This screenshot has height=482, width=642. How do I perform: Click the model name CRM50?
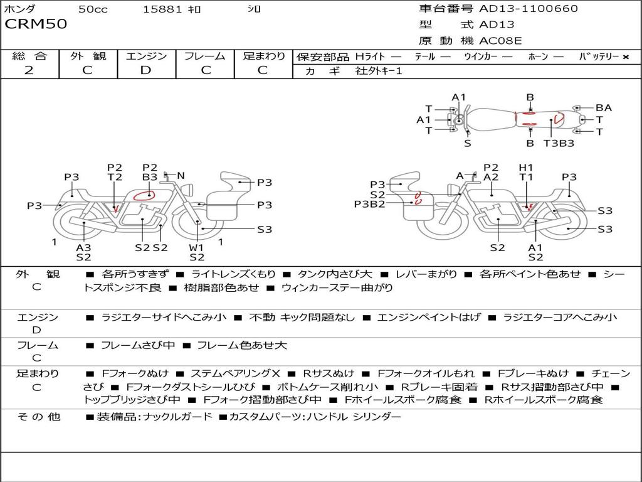click(35, 24)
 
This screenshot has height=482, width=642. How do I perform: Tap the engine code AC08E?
click(500, 41)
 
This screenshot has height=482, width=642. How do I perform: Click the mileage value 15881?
click(162, 9)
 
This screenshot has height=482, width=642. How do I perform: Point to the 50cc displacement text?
click(92, 9)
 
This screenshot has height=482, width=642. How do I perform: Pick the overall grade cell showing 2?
click(29, 70)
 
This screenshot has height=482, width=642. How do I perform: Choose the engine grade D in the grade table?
click(145, 70)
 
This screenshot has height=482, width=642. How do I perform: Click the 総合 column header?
click(29, 56)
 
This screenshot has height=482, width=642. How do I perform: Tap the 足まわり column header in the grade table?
click(264, 56)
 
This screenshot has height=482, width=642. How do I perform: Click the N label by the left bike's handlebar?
click(181, 176)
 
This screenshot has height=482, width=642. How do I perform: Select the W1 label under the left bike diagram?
click(197, 247)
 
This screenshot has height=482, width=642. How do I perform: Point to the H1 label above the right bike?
click(525, 168)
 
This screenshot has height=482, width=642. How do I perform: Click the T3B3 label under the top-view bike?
click(559, 144)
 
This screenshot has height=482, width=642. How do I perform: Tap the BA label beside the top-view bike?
click(603, 108)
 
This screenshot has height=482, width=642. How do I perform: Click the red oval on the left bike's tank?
click(144, 195)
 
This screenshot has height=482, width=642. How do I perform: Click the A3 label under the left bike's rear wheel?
click(83, 247)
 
